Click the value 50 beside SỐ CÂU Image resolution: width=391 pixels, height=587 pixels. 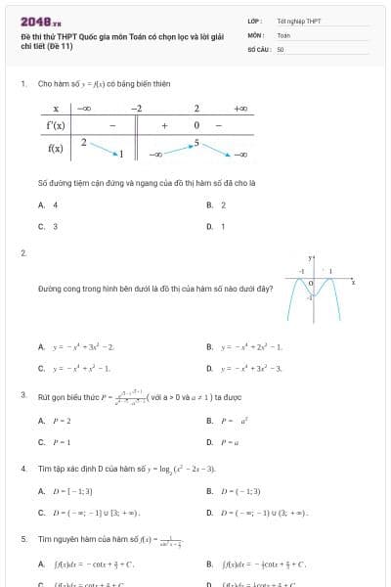pos(281,48)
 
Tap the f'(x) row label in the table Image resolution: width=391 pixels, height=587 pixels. pos(56,126)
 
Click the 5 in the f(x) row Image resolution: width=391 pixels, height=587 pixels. pos(196,143)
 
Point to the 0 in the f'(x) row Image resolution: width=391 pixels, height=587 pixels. pos(196,126)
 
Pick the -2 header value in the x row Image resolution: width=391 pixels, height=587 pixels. pos(137,109)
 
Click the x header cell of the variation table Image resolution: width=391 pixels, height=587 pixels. pos(56,109)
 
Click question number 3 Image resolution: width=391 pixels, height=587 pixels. pos(22,395)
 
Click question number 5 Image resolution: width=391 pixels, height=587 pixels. pos(22,539)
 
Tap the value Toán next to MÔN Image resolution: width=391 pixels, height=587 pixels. pos(283,34)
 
